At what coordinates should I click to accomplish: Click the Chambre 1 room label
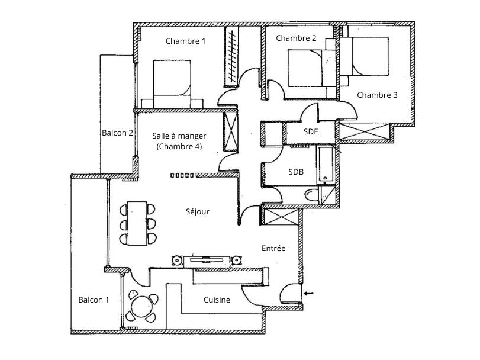coord(185,41)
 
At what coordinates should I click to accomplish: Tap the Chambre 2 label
coord(296,38)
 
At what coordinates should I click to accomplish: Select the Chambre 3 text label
coord(377,95)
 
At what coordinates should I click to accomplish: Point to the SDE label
coord(311,131)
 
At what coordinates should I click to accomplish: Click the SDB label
coord(296,172)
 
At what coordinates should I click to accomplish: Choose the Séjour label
coord(198,211)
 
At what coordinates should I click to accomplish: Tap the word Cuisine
coord(217,300)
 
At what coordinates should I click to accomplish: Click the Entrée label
coord(273,248)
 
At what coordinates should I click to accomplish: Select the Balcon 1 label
coord(94,300)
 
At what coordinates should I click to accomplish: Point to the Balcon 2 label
coord(117,133)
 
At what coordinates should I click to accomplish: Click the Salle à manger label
coord(179,136)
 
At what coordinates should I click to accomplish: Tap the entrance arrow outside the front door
coord(308,293)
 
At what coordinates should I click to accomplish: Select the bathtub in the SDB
coord(326,165)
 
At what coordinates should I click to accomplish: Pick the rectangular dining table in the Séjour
coord(137,223)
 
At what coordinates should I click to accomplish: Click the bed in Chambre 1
coord(172,84)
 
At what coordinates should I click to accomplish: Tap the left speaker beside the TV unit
coord(176,261)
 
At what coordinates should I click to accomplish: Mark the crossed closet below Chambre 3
coord(365,131)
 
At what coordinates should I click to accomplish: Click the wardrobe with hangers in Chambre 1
coord(231,56)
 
